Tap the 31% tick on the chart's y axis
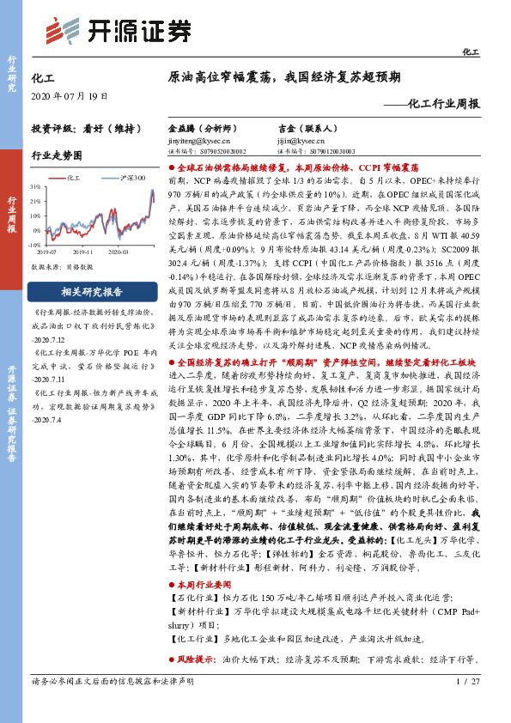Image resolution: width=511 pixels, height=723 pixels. (x=35, y=185)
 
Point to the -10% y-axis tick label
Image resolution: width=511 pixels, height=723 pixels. (x=34, y=245)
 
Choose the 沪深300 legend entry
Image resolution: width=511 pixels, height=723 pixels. (x=130, y=177)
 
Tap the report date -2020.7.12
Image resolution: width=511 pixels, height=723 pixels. (x=52, y=340)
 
